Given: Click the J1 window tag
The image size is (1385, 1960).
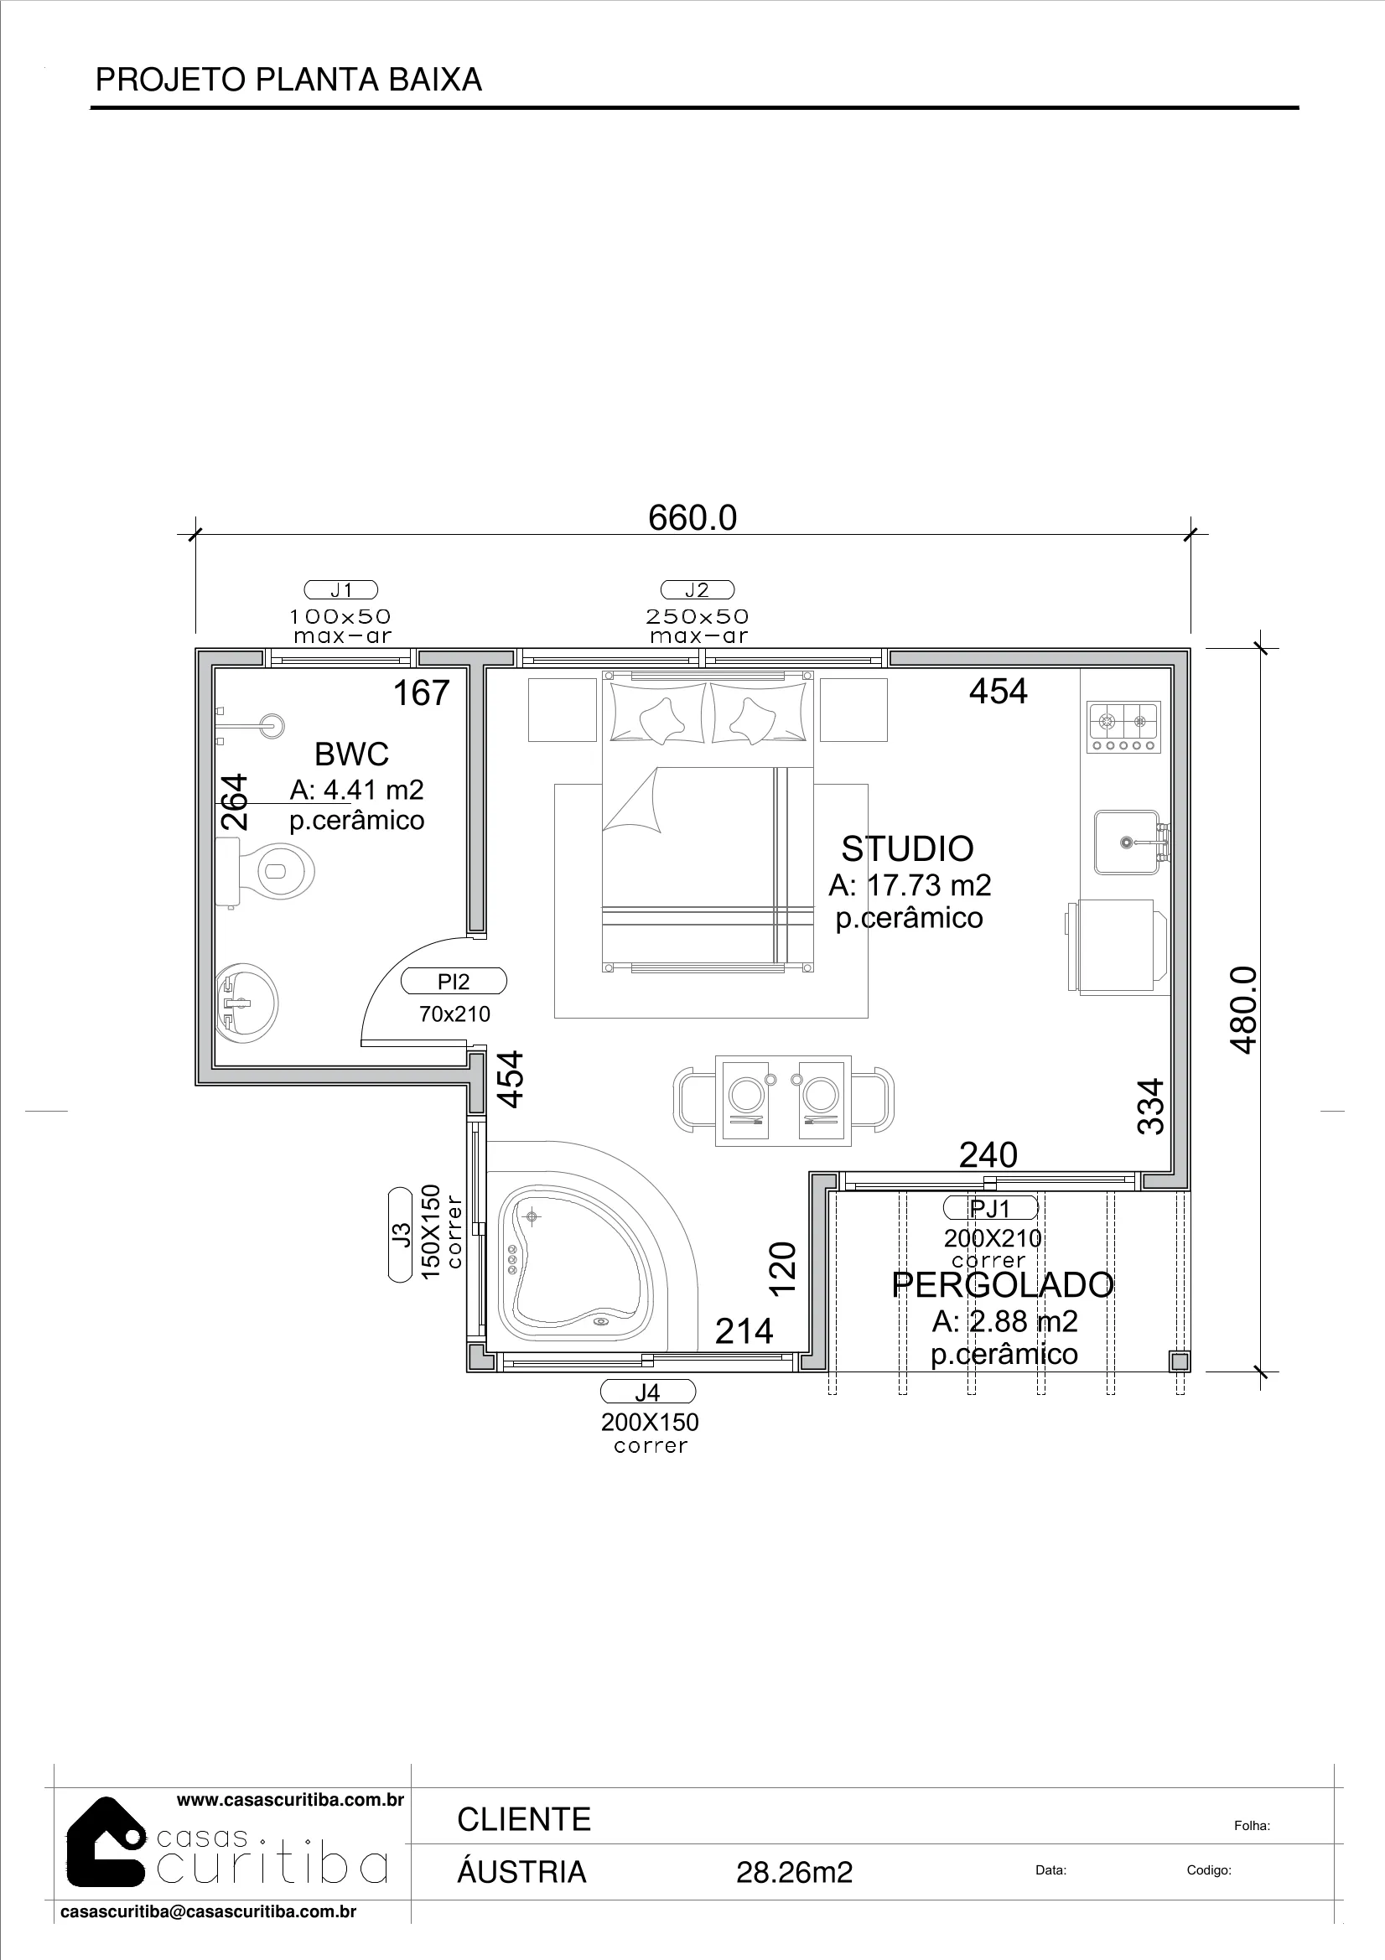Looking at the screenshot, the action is (x=340, y=590).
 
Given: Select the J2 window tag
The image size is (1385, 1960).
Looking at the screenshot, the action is (x=697, y=590).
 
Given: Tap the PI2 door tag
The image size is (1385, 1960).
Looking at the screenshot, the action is (x=454, y=982).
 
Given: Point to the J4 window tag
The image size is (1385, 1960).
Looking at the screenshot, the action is (x=648, y=1392).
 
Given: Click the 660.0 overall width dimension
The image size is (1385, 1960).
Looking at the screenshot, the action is (x=692, y=518).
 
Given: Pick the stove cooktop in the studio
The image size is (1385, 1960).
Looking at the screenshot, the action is (x=1123, y=728).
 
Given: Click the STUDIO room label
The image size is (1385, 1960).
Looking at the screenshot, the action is (x=908, y=849).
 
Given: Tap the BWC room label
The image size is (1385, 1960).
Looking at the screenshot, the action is (x=352, y=754).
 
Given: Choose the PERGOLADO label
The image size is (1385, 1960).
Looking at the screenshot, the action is (x=1003, y=1285).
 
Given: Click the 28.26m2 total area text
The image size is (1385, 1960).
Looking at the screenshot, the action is (x=794, y=1873).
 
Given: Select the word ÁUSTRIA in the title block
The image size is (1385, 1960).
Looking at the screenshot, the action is (x=521, y=1871).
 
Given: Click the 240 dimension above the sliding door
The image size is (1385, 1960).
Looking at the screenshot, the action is (x=988, y=1155).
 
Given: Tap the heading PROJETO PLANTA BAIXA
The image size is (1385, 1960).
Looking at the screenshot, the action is (x=288, y=80).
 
